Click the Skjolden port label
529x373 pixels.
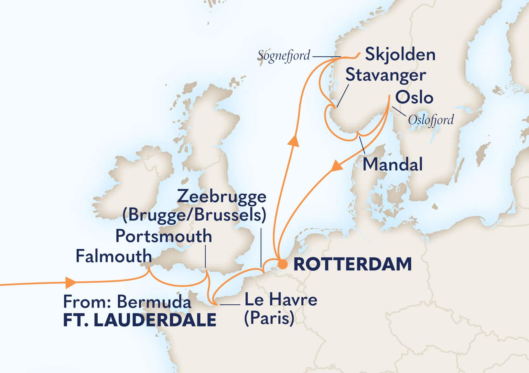click(x=400, y=54)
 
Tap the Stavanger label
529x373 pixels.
click(x=385, y=75)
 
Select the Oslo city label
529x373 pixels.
click(x=414, y=97)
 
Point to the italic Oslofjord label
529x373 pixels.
click(x=431, y=120)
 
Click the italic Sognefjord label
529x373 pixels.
click(x=284, y=56)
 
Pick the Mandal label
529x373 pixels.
click(x=393, y=164)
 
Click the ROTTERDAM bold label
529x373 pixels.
click(x=352, y=264)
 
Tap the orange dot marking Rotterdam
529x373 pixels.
click(x=283, y=264)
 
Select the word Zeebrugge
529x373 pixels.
click(x=222, y=196)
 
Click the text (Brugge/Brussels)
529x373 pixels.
click(x=194, y=215)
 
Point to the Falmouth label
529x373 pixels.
click(x=113, y=256)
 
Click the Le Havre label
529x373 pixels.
click(x=281, y=300)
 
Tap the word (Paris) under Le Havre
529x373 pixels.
click(x=269, y=318)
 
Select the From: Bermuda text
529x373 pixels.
click(x=127, y=302)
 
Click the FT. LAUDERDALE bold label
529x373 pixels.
click(x=140, y=320)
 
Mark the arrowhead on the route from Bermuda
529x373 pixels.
click(x=70, y=282)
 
